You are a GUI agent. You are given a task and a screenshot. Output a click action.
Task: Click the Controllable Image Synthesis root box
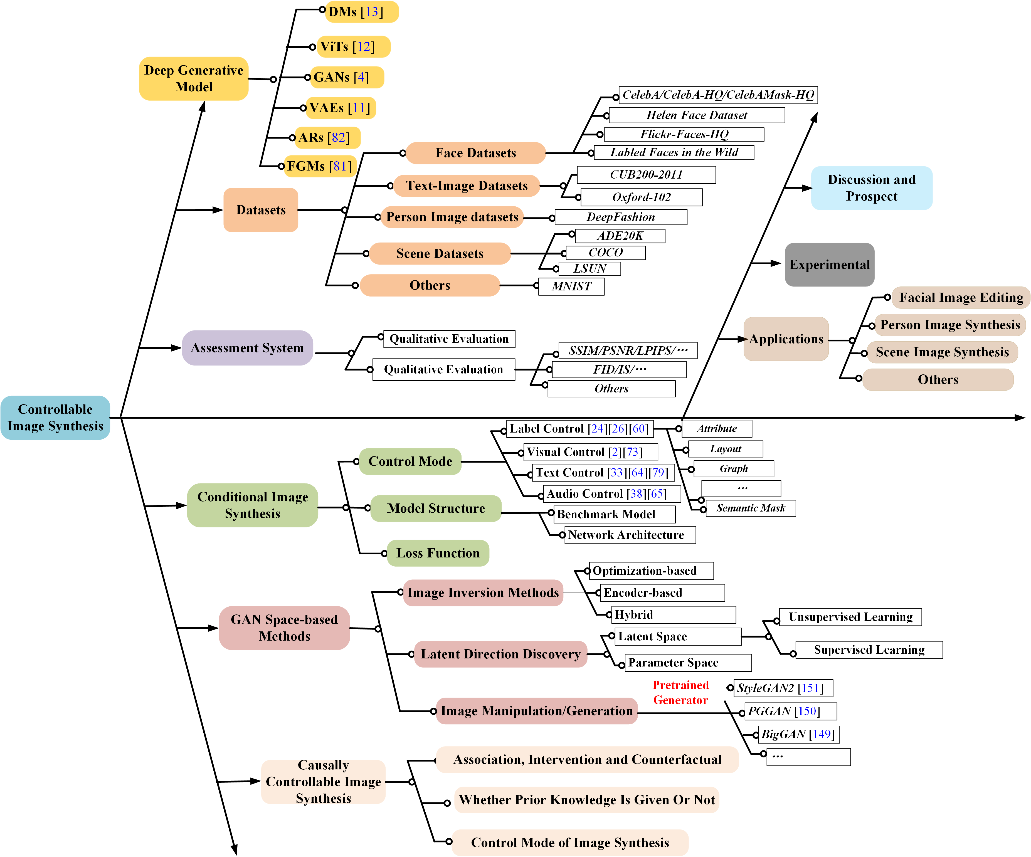point(55,418)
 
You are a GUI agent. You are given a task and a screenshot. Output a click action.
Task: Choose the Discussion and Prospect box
point(871,188)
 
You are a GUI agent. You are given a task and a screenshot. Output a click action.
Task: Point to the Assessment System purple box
point(247,348)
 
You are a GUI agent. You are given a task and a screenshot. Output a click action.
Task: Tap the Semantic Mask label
point(750,508)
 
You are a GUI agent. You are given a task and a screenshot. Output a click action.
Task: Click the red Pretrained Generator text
point(680,693)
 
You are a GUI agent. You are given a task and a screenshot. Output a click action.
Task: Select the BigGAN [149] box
point(798,734)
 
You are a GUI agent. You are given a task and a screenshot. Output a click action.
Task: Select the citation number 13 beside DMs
point(372,12)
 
